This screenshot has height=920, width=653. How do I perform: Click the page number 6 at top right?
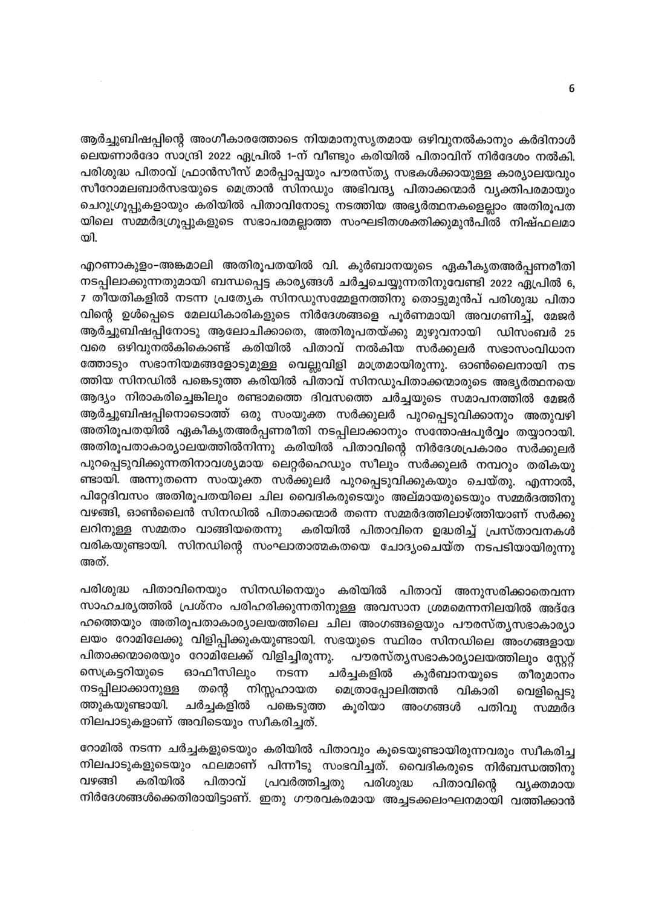point(571,89)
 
